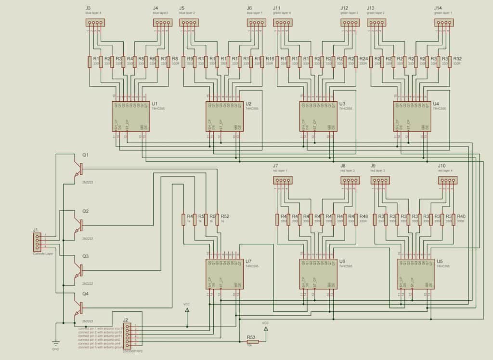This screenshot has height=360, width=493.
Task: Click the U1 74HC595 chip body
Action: click(x=130, y=116)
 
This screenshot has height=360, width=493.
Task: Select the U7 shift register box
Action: click(x=224, y=274)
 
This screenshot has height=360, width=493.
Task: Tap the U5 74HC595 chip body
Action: click(x=415, y=274)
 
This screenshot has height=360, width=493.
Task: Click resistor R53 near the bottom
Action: click(x=252, y=342)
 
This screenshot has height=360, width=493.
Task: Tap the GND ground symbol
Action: click(x=56, y=344)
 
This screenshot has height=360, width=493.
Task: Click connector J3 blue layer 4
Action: click(x=95, y=23)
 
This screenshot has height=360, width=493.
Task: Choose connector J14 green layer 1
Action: click(x=444, y=23)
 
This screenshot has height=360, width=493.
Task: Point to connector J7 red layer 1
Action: click(x=282, y=180)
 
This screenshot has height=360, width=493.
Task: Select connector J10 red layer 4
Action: click(x=447, y=181)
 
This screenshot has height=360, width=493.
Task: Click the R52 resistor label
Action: click(x=225, y=217)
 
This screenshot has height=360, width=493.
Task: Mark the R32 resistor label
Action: click(x=457, y=58)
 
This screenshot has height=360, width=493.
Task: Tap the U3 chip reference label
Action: click(x=342, y=104)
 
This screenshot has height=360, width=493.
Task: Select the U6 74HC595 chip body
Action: click(x=318, y=274)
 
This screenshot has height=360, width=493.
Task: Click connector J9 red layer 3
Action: click(x=380, y=181)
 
